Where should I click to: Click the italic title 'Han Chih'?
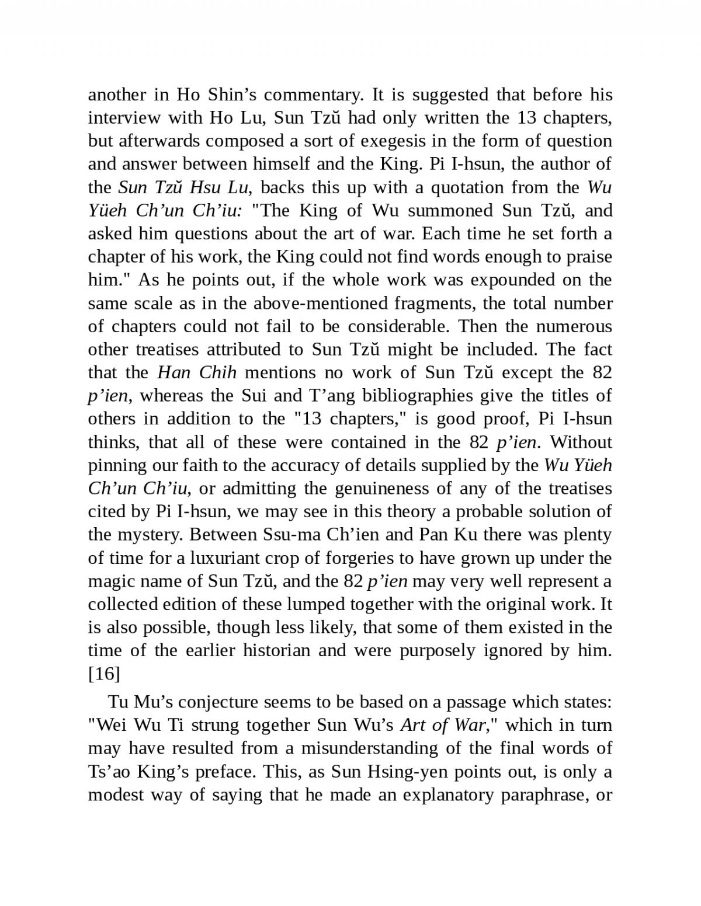pyautogui.click(x=196, y=372)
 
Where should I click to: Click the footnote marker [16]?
pyautogui.click(x=104, y=674)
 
